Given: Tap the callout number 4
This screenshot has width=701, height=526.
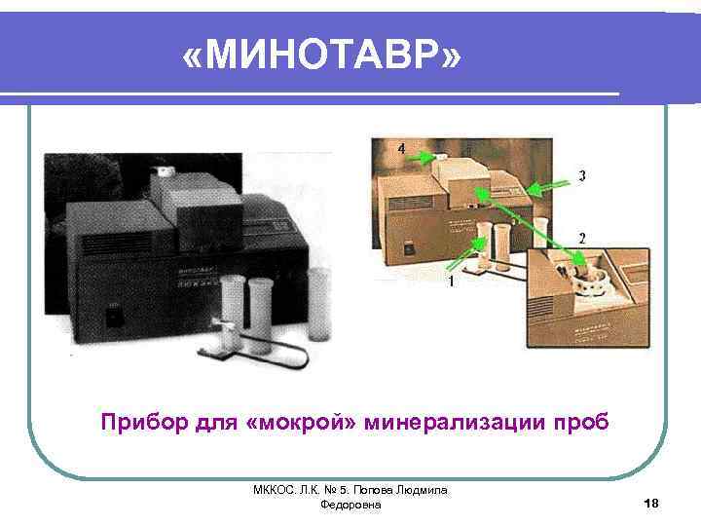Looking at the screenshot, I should point(401,147).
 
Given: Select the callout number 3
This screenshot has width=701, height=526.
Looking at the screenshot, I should point(581,175).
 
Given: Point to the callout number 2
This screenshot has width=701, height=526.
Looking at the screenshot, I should point(581,238).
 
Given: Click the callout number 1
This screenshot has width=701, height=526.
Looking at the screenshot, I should point(450,282).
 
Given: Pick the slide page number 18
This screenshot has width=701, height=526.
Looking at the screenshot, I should point(651,503).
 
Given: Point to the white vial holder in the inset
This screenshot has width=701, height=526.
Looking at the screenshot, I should point(590,282).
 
